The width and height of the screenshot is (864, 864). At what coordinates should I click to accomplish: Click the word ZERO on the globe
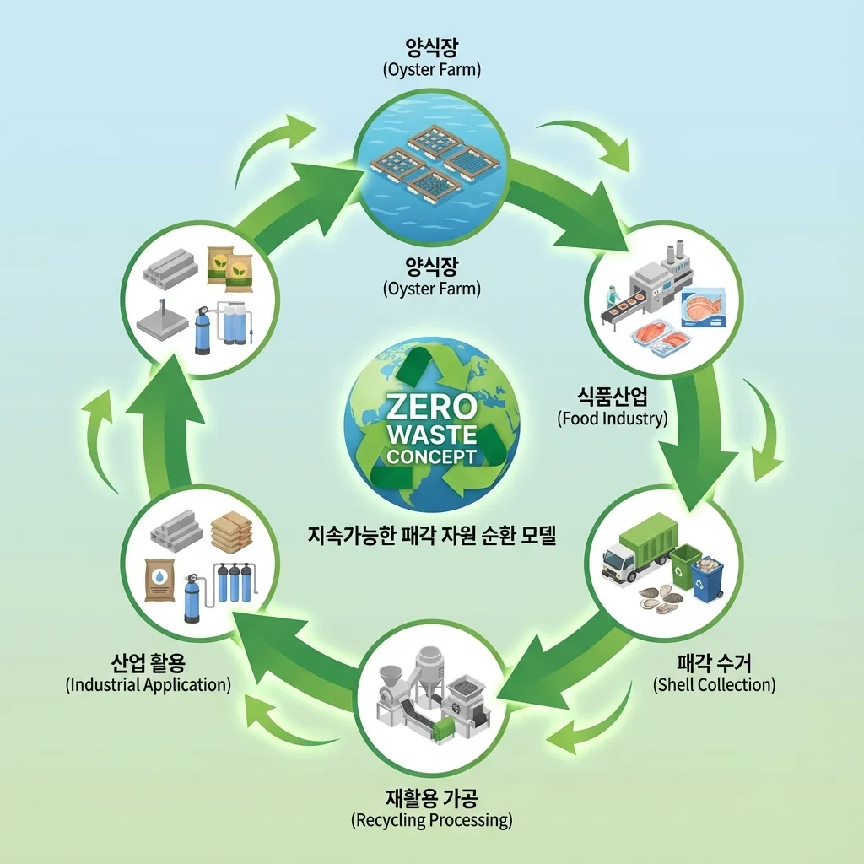click(431, 408)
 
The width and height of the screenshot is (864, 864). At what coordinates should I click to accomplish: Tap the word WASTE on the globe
click(431, 435)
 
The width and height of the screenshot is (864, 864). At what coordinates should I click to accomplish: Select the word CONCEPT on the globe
click(431, 457)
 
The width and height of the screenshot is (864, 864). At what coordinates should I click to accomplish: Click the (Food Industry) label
click(612, 418)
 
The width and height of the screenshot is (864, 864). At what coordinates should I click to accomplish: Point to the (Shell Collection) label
click(714, 684)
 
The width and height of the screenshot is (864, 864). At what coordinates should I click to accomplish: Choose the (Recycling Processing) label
click(431, 819)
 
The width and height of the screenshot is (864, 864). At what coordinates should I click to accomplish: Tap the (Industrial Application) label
click(148, 684)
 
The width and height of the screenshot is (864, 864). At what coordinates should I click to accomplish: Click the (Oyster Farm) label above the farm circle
click(431, 69)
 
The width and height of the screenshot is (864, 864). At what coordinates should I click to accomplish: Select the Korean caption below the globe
click(431, 535)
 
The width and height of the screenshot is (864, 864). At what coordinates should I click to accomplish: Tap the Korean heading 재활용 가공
click(431, 797)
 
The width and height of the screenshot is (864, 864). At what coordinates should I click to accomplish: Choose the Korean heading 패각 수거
click(714, 662)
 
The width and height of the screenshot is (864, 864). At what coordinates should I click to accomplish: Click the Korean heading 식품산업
click(612, 396)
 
